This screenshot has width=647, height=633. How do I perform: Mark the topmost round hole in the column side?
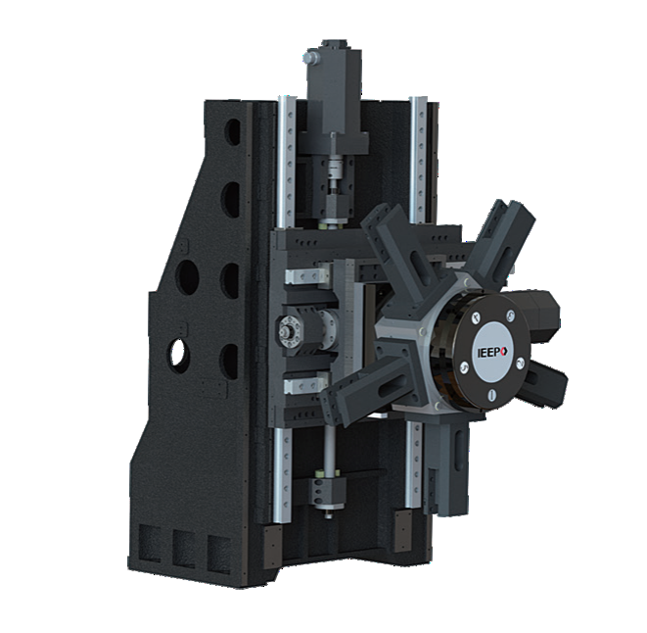[x=231, y=130]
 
